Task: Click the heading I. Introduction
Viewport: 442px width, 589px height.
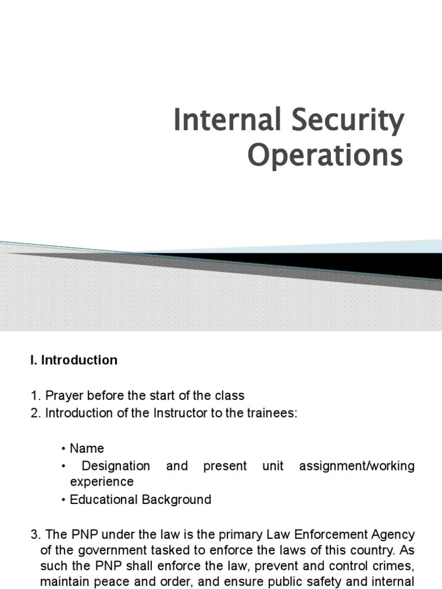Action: pyautogui.click(x=74, y=360)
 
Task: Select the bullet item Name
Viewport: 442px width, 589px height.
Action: pyautogui.click(x=87, y=448)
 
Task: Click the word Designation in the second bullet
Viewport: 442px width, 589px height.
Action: pyautogui.click(x=116, y=465)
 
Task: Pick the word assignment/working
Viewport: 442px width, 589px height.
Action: pyautogui.click(x=357, y=465)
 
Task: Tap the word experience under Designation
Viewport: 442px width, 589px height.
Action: pyautogui.click(x=102, y=481)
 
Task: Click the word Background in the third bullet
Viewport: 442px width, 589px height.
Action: pyautogui.click(x=176, y=499)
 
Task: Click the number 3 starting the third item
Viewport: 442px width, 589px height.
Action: pyautogui.click(x=33, y=535)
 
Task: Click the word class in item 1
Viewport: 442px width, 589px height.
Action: pyautogui.click(x=230, y=396)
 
